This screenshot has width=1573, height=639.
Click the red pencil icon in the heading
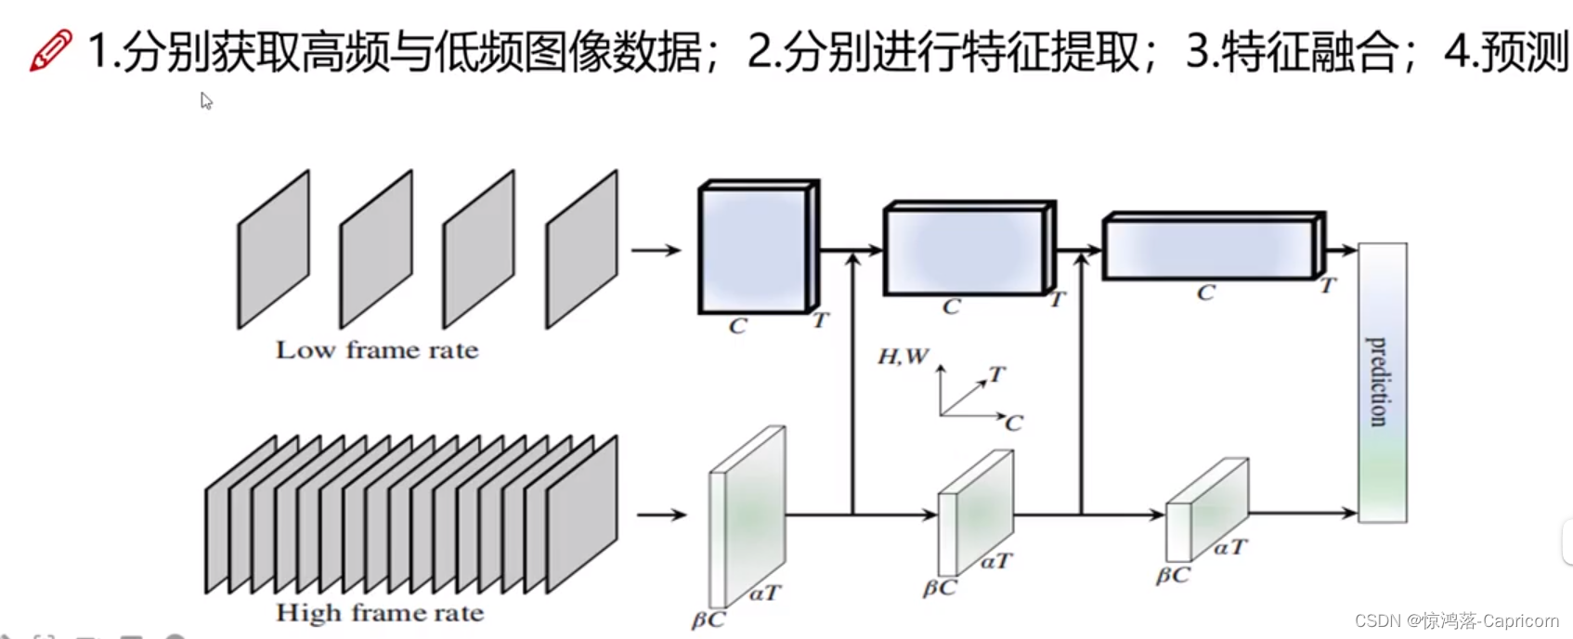click(50, 50)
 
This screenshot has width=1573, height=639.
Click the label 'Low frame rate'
click(377, 350)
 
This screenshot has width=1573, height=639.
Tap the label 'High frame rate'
click(380, 613)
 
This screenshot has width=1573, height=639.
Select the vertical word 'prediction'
click(1380, 382)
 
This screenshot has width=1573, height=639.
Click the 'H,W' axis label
click(903, 357)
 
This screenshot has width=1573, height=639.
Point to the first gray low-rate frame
click(273, 250)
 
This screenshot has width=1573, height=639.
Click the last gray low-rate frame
click(581, 250)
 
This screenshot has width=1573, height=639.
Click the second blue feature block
click(965, 249)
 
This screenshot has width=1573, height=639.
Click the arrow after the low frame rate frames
click(656, 250)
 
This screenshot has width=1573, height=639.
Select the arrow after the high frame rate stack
click(661, 515)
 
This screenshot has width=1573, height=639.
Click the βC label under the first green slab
click(708, 619)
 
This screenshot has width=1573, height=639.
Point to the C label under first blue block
click(737, 326)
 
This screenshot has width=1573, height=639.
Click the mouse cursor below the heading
click(206, 100)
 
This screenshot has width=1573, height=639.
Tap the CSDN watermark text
click(1456, 620)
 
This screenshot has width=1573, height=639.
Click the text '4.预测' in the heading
click(1505, 51)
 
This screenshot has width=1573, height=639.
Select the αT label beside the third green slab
click(1231, 548)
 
